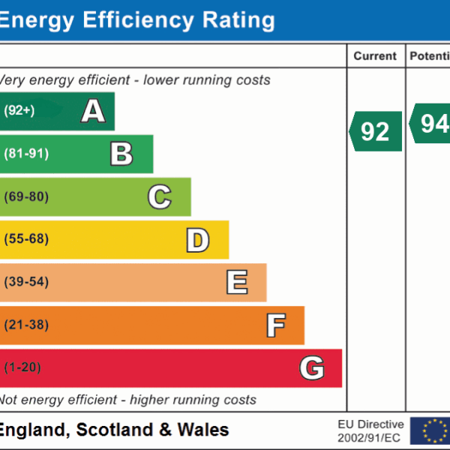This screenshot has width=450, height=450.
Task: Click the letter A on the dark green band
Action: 93,111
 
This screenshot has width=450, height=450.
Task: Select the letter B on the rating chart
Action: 121,154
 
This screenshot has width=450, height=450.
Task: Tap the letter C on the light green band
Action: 159,196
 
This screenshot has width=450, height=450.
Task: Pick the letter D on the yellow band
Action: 197,239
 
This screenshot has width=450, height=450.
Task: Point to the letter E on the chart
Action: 236,282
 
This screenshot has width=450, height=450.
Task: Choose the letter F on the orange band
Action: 275,325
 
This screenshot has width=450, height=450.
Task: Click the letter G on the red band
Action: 312,367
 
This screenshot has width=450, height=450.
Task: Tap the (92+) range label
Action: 19,111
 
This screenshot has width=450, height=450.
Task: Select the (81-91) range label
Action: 26,154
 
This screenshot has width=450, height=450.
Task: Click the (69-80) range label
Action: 26,196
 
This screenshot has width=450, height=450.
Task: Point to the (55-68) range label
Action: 26,239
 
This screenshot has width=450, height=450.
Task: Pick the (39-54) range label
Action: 26,282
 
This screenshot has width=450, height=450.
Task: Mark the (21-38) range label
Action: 26,325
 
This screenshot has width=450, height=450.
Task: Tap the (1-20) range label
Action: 22,367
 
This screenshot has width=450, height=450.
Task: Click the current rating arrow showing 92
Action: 376,131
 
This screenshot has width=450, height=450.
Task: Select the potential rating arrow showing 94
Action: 430,124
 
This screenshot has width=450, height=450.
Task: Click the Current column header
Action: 375,56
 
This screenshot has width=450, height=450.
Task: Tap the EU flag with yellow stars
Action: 434,430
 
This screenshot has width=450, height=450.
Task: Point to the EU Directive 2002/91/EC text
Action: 370,430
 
